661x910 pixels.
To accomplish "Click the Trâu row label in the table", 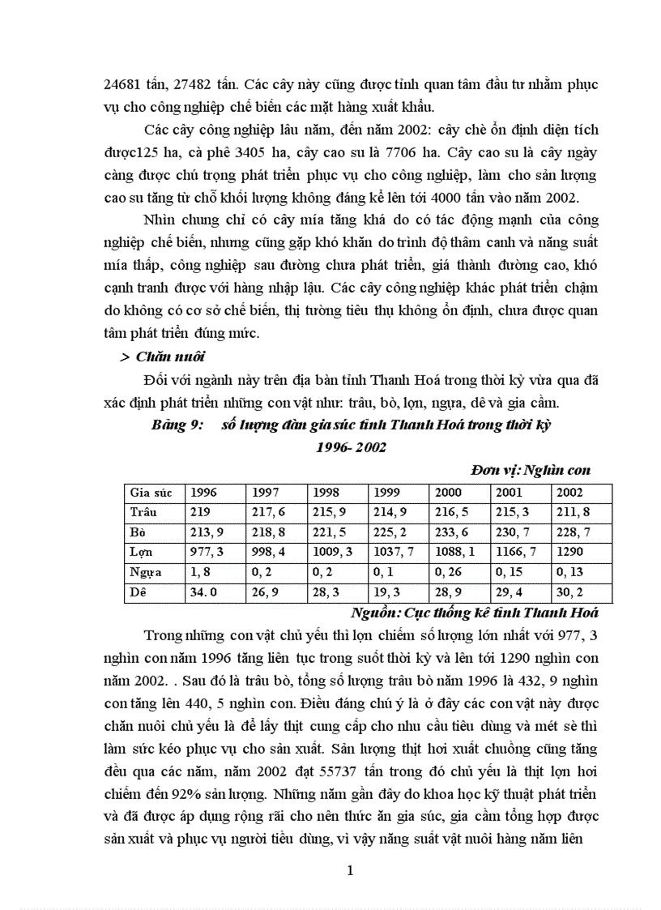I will tap(143, 511).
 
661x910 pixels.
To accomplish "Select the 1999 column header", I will tap(386, 492).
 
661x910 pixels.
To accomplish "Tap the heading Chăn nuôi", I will tap(170, 356).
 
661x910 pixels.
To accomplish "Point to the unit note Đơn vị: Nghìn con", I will tap(530, 470).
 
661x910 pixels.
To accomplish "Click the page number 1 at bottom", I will tap(350, 872).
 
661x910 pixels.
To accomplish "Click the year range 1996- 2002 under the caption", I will tap(351, 447).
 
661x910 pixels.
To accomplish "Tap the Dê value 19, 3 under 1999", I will tap(386, 592).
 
